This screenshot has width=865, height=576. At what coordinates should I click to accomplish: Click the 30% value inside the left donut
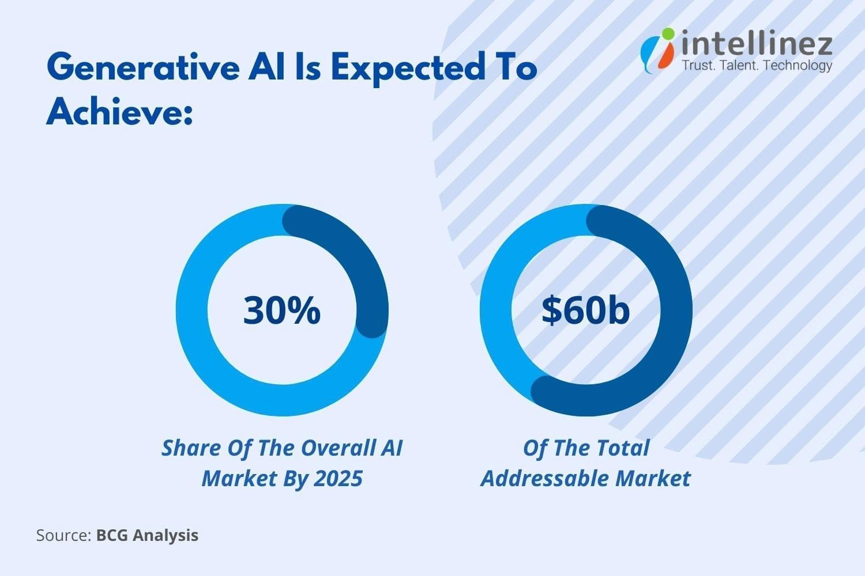pyautogui.click(x=281, y=310)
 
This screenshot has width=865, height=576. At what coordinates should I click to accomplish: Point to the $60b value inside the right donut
pyautogui.click(x=585, y=310)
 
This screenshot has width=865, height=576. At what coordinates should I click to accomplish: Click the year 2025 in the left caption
pyautogui.click(x=340, y=478)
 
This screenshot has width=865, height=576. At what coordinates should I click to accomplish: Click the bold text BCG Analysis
pyautogui.click(x=147, y=535)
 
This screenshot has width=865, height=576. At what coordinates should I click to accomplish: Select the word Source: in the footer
pyautogui.click(x=63, y=535)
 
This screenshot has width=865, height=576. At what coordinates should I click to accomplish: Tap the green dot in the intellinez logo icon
pyautogui.click(x=668, y=34)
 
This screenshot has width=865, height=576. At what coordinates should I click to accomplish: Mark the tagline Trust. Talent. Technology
pyautogui.click(x=757, y=65)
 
